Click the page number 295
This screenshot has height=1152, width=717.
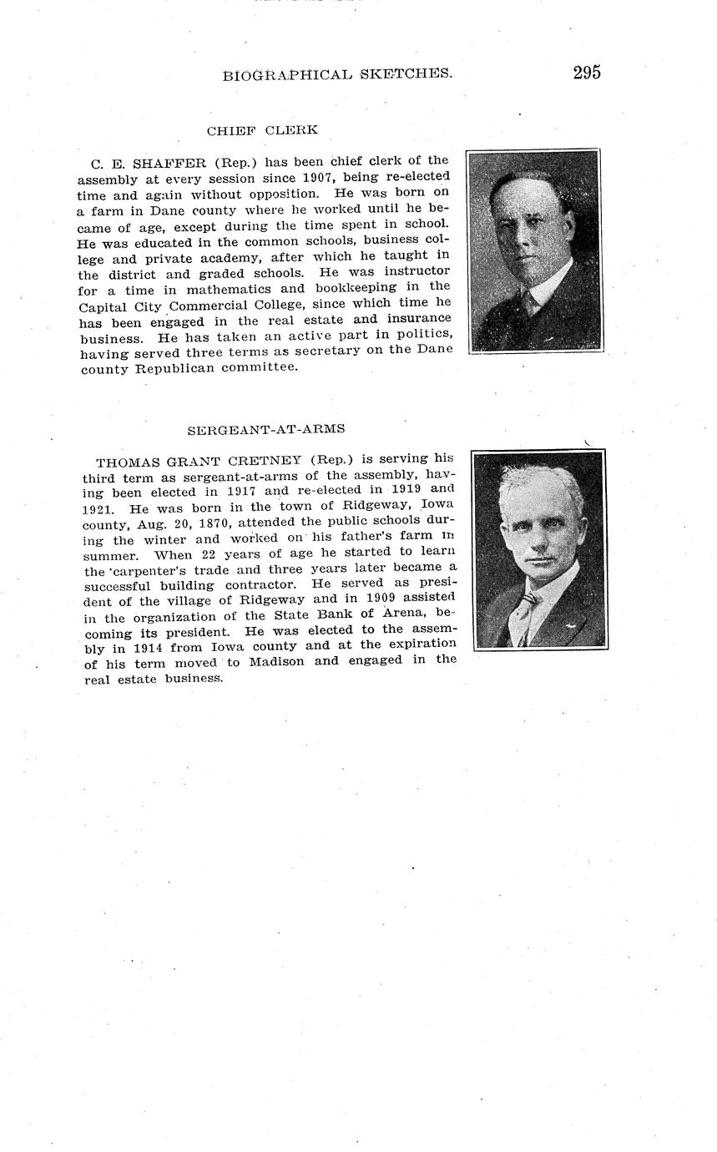(x=586, y=73)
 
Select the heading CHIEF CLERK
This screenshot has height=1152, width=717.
(x=262, y=130)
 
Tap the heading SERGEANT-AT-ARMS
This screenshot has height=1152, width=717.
(x=265, y=429)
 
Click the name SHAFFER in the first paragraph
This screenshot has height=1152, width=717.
(x=169, y=162)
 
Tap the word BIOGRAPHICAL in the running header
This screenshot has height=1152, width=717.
(x=287, y=75)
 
